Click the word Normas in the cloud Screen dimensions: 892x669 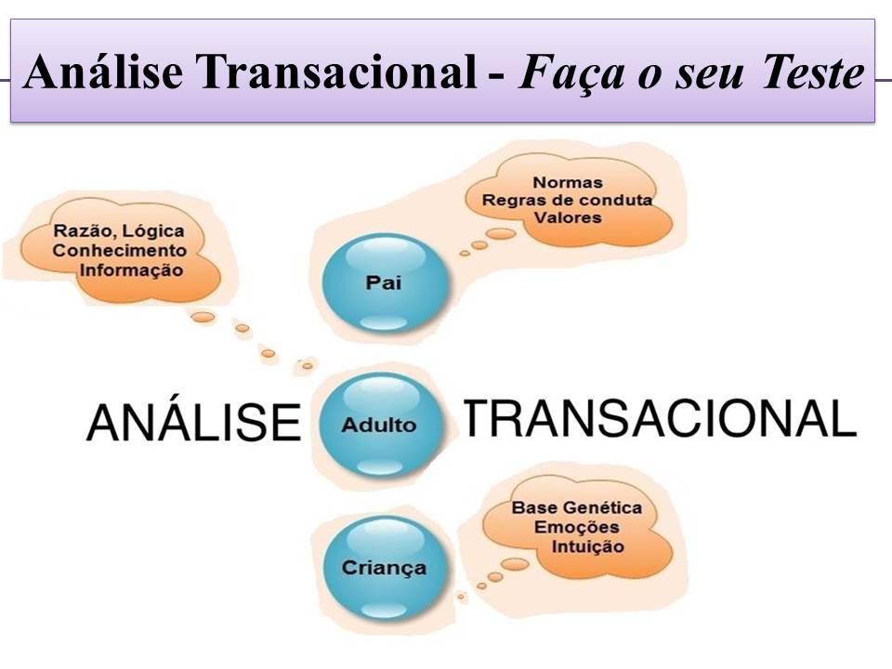tap(568, 182)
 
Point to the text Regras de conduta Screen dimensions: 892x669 tap(568, 200)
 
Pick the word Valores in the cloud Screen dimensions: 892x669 tap(568, 217)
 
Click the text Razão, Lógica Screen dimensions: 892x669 tap(119, 231)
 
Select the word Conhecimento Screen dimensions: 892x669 tap(119, 251)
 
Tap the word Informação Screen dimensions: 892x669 tap(131, 270)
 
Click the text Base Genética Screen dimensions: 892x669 tap(576, 508)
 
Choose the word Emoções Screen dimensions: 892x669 tap(576, 528)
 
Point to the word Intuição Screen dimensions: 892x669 tap(587, 546)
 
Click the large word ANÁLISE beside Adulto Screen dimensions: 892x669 tap(194, 425)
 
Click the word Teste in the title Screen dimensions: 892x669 tap(813, 73)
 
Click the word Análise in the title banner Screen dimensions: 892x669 tap(106, 73)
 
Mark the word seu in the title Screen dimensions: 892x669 tap(704, 73)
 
